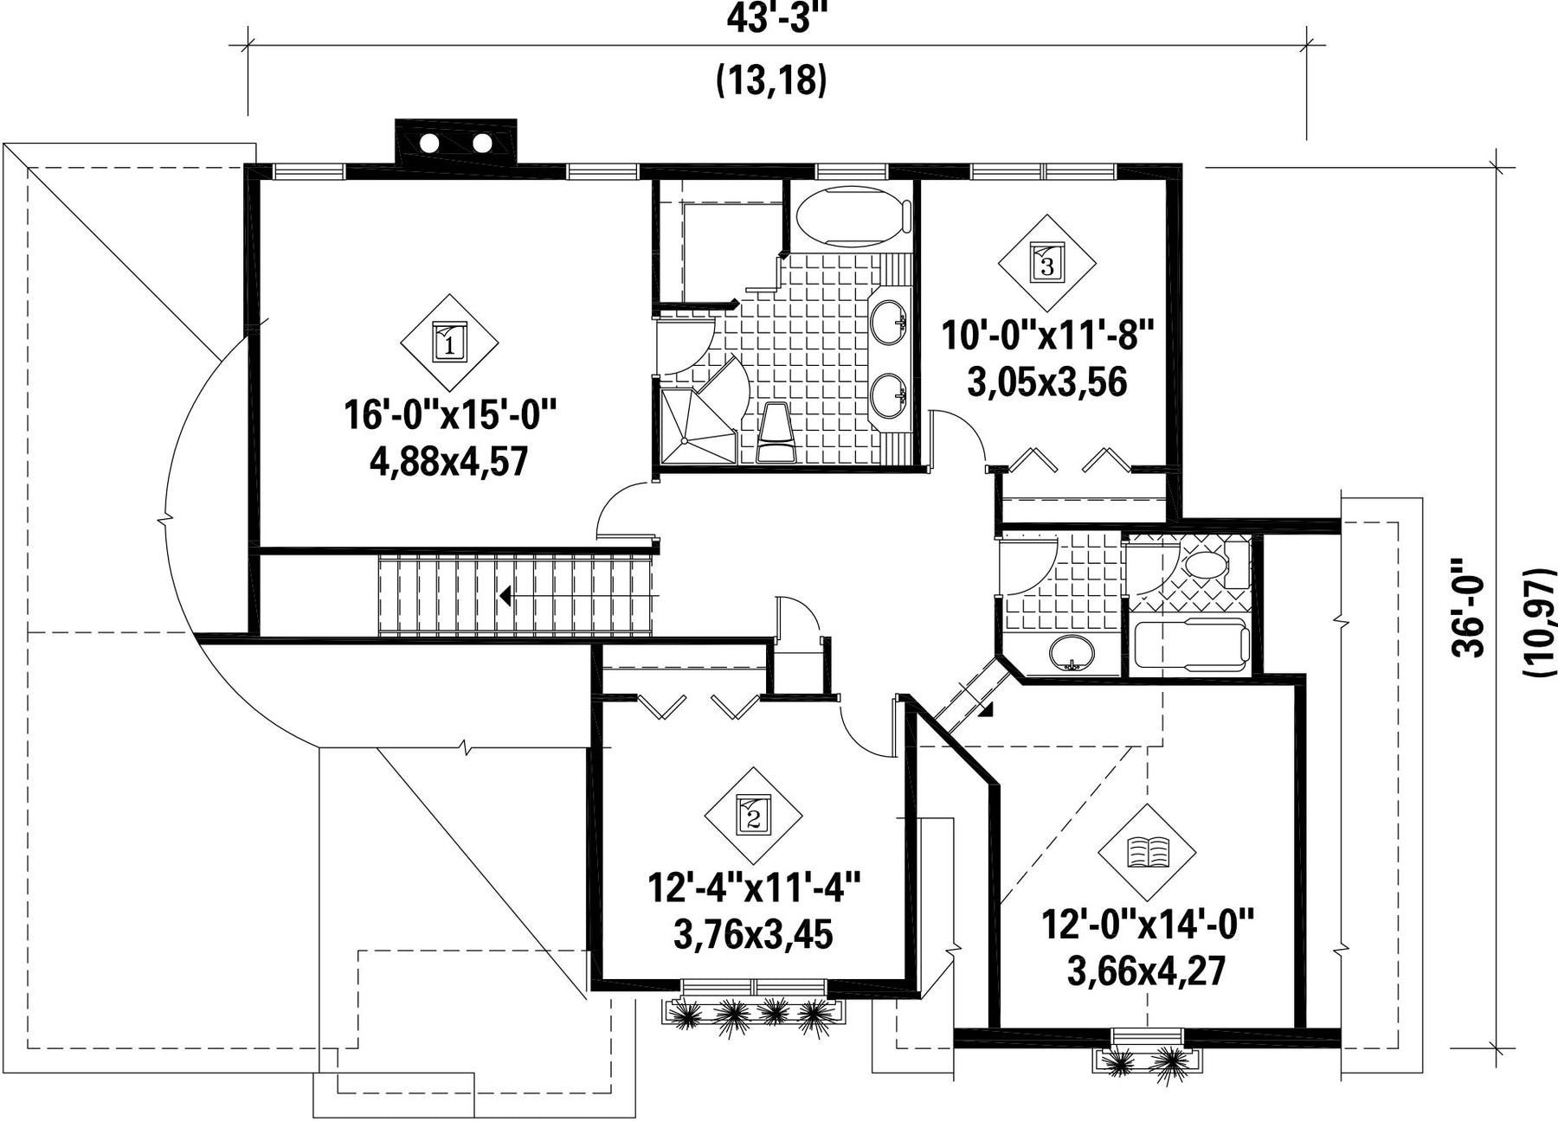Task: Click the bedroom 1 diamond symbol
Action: pos(449,343)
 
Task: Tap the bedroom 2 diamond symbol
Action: pos(753,815)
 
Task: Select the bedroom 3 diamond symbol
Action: pos(1046,263)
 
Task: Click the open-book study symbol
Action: pos(1147,852)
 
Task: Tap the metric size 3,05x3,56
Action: pos(1046,381)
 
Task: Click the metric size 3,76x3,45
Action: pos(752,934)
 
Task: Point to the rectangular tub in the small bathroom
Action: pos(1190,645)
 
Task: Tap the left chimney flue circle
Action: pos(430,143)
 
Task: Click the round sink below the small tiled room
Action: pos(1072,651)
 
